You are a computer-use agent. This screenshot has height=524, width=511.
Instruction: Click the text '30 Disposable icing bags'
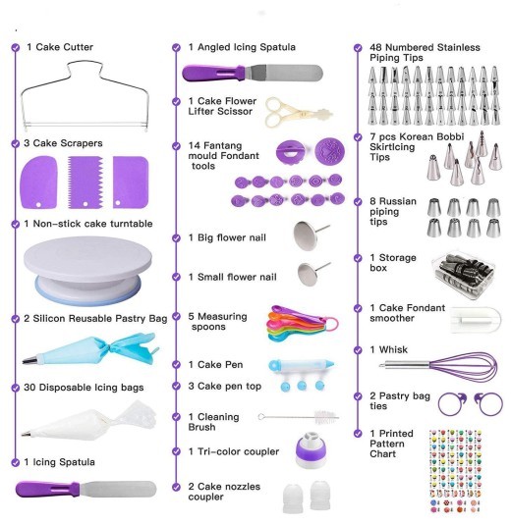pos(85,387)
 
